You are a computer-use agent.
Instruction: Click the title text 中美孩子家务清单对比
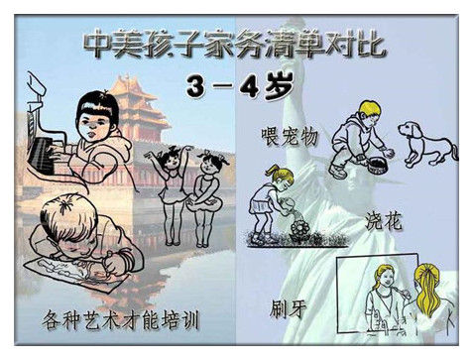click(235, 44)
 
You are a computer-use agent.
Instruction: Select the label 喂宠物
click(290, 136)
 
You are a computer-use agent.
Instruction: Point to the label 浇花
click(384, 221)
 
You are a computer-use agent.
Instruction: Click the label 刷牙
click(288, 308)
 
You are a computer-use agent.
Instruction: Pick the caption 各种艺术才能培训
click(121, 319)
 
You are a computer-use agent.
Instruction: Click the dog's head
click(410, 131)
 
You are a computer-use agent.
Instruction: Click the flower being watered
click(300, 228)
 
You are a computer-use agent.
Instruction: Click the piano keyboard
click(41, 156)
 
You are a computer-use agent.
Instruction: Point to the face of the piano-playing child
click(94, 127)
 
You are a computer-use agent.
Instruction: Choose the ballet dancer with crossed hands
click(205, 199)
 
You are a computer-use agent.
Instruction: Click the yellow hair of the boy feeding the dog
click(370, 110)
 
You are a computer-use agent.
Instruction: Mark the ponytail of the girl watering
click(273, 171)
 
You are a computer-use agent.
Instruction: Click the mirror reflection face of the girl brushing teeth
click(385, 281)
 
